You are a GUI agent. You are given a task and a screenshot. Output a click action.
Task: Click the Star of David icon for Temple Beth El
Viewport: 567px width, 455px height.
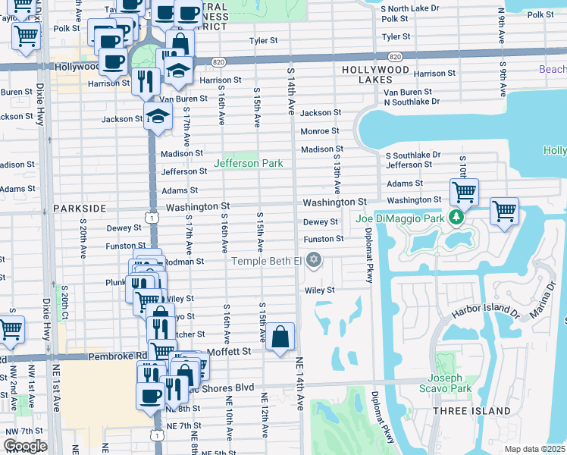pos(314,262)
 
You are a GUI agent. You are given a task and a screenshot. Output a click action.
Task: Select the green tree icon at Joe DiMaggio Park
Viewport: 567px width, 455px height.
pos(456,218)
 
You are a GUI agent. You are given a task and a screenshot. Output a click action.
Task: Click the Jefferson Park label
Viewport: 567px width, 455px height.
pos(248,163)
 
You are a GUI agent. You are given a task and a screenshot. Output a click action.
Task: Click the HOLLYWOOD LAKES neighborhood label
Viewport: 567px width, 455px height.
pos(376,74)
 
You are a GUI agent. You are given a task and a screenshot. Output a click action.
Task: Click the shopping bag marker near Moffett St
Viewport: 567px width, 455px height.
pos(280,337)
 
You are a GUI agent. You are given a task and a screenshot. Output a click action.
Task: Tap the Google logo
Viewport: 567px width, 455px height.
pos(24,445)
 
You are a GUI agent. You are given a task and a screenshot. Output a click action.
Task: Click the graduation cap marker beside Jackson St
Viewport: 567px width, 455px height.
pos(157,117)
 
